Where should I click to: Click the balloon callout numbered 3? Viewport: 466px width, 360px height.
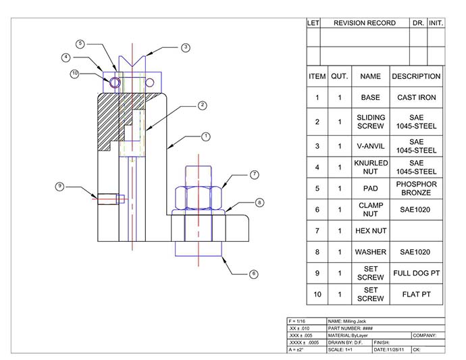(x=186, y=47)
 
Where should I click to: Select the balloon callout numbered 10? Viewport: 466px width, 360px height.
(x=74, y=74)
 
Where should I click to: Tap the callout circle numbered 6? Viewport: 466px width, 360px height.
(x=253, y=274)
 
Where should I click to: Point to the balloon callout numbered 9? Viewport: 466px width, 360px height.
(x=59, y=186)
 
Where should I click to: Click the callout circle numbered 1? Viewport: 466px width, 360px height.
(x=206, y=136)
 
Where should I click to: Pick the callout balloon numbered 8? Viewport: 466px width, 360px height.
(x=259, y=203)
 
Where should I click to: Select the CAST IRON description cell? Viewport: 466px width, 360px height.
(x=417, y=97)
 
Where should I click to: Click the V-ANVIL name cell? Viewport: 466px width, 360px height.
(x=371, y=147)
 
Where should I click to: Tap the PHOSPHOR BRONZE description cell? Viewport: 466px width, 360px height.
(x=417, y=188)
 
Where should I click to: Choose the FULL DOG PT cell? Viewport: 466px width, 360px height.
(x=417, y=273)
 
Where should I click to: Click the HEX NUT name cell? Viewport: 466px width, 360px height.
(x=371, y=231)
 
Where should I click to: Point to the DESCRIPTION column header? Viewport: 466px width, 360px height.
(x=416, y=76)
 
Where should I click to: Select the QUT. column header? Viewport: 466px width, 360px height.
(x=340, y=76)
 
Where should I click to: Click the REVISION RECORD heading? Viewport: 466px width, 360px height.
(x=365, y=23)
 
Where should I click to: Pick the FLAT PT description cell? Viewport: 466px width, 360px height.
(x=417, y=294)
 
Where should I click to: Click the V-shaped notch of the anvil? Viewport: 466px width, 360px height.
(x=132, y=61)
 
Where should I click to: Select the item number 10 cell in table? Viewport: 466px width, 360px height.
(x=317, y=294)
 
